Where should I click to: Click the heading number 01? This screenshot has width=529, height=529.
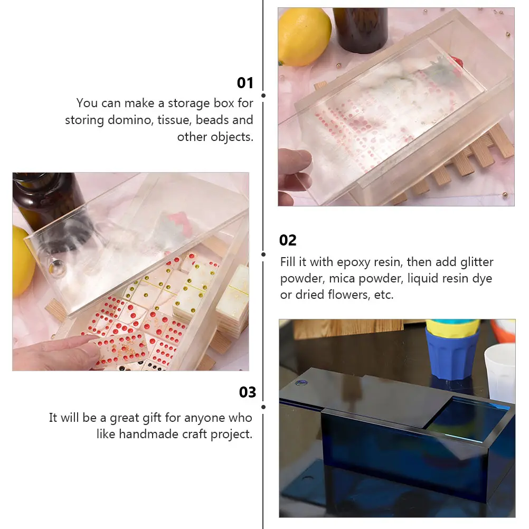(245, 83)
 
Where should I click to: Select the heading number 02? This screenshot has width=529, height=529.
(288, 240)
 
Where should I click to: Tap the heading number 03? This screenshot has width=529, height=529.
(247, 392)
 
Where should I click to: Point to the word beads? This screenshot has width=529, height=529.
(213, 120)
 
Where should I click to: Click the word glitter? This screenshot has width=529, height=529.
(474, 262)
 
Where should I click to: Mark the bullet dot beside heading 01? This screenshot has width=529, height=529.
(263, 96)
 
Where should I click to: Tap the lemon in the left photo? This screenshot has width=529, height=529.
(22, 261)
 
